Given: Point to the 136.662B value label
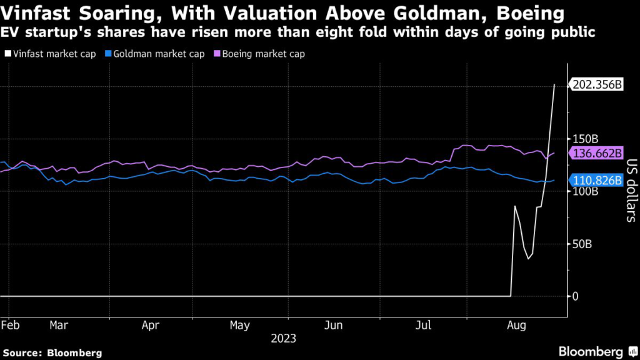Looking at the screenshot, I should click(597, 153).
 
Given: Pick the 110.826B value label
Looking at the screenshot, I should click(597, 181).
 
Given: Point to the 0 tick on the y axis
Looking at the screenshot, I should click(576, 296).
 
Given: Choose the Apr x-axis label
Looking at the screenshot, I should click(150, 326).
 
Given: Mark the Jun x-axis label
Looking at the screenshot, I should click(334, 326).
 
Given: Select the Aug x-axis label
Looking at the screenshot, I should click(517, 326).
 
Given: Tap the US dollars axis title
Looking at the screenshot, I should click(630, 191).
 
